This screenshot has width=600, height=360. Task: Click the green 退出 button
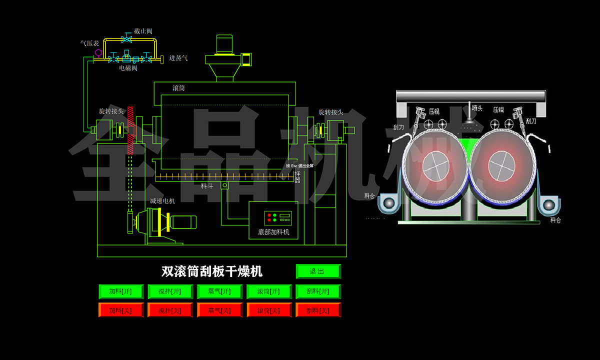point(318,271)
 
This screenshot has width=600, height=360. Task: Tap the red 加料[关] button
point(120,310)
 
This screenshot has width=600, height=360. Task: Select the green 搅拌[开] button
point(170,291)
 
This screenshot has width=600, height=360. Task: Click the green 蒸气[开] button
point(219,291)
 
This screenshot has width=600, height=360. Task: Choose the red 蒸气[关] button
point(219,310)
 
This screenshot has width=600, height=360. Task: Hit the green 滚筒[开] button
point(268,291)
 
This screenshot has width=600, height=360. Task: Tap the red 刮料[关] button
point(318,310)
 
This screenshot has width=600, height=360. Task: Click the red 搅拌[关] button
point(170,310)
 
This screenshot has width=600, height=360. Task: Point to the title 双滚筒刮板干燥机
point(212,271)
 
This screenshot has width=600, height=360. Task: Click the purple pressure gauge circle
point(98,52)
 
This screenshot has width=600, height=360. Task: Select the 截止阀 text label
point(143,31)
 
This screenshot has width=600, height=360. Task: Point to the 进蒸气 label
point(178,58)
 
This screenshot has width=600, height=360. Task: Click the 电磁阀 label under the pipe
point(128,68)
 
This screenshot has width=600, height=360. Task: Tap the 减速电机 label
point(162,201)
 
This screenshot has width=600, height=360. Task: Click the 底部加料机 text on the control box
point(273,232)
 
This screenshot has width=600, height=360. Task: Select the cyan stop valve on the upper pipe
point(127,39)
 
